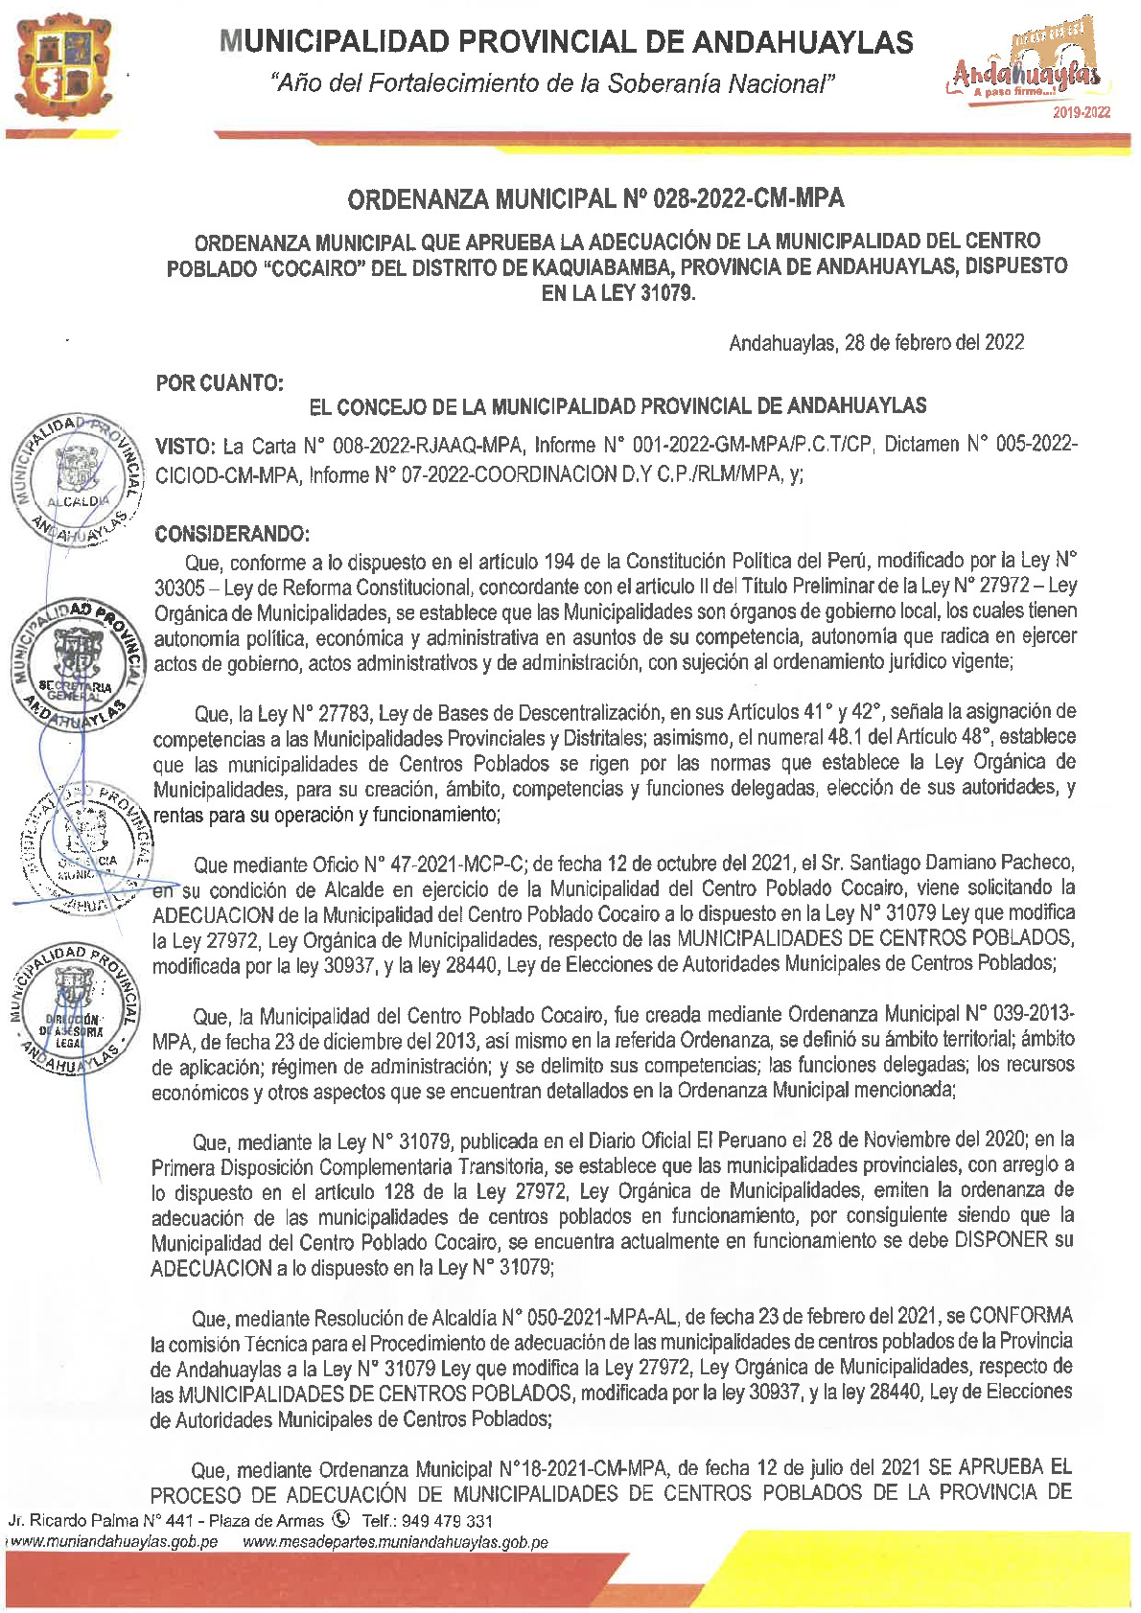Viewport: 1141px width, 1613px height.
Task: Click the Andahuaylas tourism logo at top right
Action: pos(1023,67)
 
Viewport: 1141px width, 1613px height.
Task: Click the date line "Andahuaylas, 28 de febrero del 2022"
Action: pos(875,343)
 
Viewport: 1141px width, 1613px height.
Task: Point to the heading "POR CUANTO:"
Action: pos(220,383)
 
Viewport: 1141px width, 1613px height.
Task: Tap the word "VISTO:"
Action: pos(185,446)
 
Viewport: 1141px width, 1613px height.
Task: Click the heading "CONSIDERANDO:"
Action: pos(232,534)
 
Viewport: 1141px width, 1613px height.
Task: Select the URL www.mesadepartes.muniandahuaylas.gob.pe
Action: pos(395,1542)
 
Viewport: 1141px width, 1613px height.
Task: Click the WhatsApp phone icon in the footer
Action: pos(340,1519)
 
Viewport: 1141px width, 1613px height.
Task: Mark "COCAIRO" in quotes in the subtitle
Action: pos(314,266)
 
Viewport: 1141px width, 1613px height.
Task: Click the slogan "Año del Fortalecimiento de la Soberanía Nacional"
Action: pos(554,84)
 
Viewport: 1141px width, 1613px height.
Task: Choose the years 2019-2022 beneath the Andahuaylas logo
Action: pos(1082,113)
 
